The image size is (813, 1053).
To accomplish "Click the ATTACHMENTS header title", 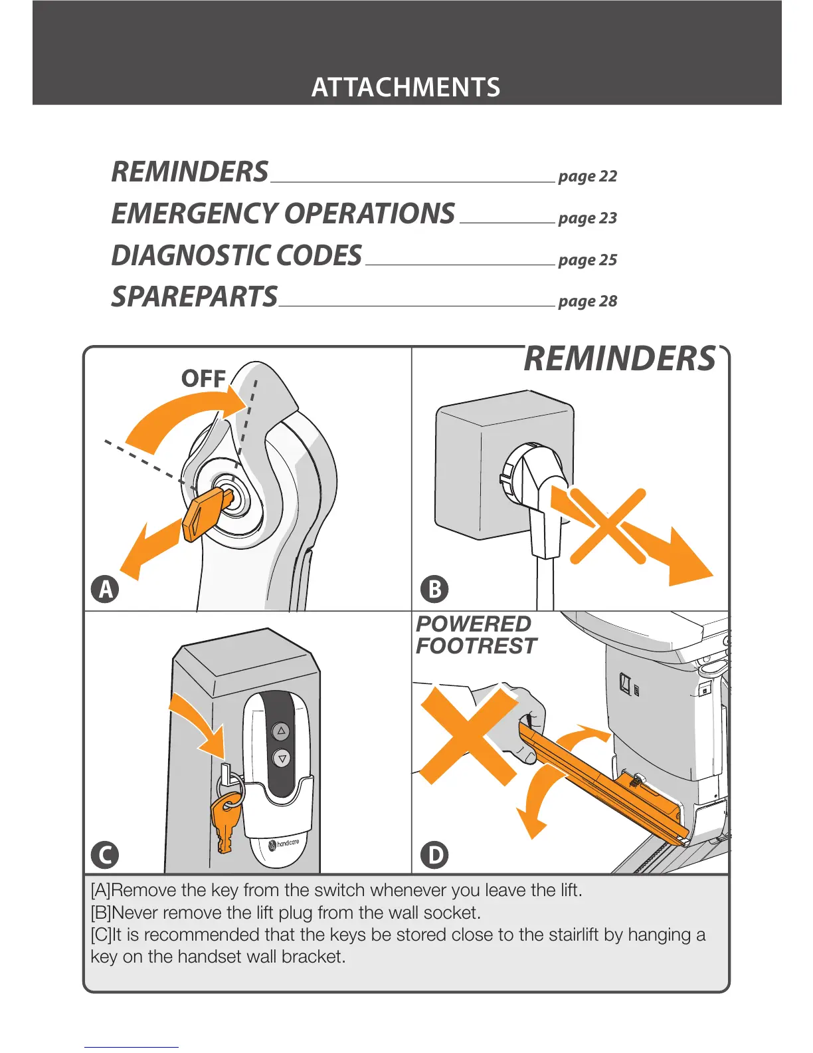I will (406, 88).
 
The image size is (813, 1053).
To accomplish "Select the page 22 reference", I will (587, 176).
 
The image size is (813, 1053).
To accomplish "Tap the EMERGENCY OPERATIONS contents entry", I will (283, 214).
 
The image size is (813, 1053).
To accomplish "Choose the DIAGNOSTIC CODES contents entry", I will (236, 256).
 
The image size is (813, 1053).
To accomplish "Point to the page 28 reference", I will (587, 301).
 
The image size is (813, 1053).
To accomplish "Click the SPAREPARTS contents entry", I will (194, 297).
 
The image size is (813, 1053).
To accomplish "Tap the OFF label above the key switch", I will (203, 379).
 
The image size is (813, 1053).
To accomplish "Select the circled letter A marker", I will (105, 589).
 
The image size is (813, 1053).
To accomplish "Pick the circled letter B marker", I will (434, 589).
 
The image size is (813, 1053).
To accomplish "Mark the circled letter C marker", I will (105, 854).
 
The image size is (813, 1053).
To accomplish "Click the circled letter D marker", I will (435, 854).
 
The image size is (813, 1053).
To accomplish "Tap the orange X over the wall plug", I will (608, 526).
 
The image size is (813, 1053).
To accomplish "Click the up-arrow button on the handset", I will (282, 731).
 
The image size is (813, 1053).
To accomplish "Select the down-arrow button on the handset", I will (282, 758).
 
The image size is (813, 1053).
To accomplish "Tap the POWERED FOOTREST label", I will (475, 635).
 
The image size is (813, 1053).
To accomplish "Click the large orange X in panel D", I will (469, 735).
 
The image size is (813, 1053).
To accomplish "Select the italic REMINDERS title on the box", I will (620, 359).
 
